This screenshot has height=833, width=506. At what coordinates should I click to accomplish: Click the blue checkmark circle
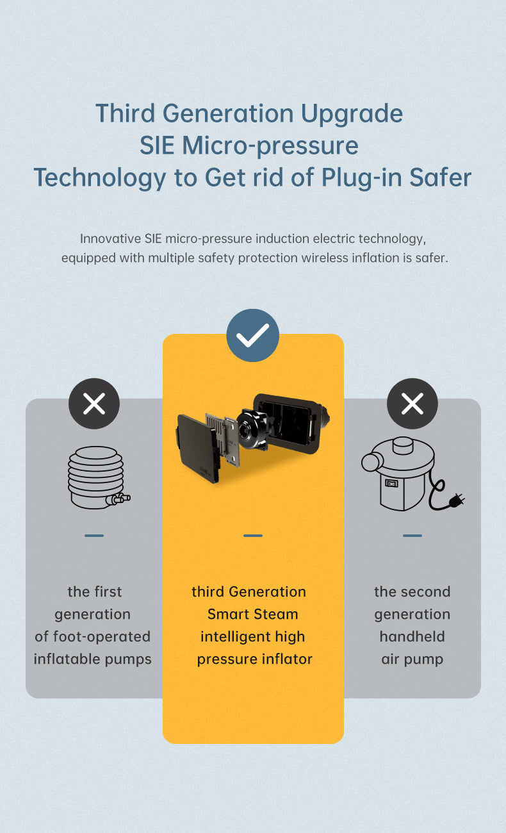[253, 335]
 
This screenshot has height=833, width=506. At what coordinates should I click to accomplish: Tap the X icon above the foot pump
[94, 404]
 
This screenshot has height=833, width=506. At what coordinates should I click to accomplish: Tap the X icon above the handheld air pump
[412, 404]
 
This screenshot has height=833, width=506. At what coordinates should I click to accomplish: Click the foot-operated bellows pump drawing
[97, 477]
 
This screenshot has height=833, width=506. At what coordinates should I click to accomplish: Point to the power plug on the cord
[457, 500]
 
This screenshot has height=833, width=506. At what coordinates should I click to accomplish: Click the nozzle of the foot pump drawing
[120, 499]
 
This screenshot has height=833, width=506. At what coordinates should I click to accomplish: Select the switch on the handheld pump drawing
[391, 483]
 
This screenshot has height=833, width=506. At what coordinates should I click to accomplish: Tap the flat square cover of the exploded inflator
[196, 447]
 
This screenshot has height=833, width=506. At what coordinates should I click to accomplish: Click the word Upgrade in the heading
[352, 113]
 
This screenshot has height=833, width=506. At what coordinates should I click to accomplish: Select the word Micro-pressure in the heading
[270, 145]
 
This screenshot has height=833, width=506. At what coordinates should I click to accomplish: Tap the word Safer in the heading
[440, 177]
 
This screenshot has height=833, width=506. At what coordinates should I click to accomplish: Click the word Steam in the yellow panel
[277, 614]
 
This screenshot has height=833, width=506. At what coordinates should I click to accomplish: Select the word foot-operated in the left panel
[102, 636]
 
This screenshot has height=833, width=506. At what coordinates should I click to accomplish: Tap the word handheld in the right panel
[412, 636]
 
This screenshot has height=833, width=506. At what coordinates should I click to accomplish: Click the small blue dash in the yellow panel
[253, 536]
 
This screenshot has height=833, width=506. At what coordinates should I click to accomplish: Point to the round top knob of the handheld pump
[401, 445]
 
